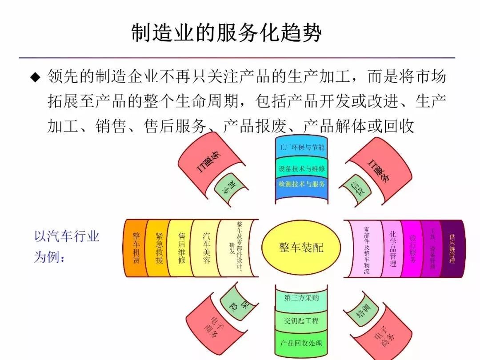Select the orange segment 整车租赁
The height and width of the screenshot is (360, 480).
pos(136,248)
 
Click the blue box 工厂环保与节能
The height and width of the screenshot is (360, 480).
pos(302,148)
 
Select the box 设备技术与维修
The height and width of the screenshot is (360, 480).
pos(302,169)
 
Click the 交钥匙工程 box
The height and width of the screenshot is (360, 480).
pos(301,320)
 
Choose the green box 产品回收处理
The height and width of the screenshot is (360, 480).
pos(301,343)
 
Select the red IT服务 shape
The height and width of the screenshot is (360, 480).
pos(378,167)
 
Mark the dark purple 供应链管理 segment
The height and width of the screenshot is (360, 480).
pos(452,248)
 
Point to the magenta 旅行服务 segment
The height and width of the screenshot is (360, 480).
pos(412,248)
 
